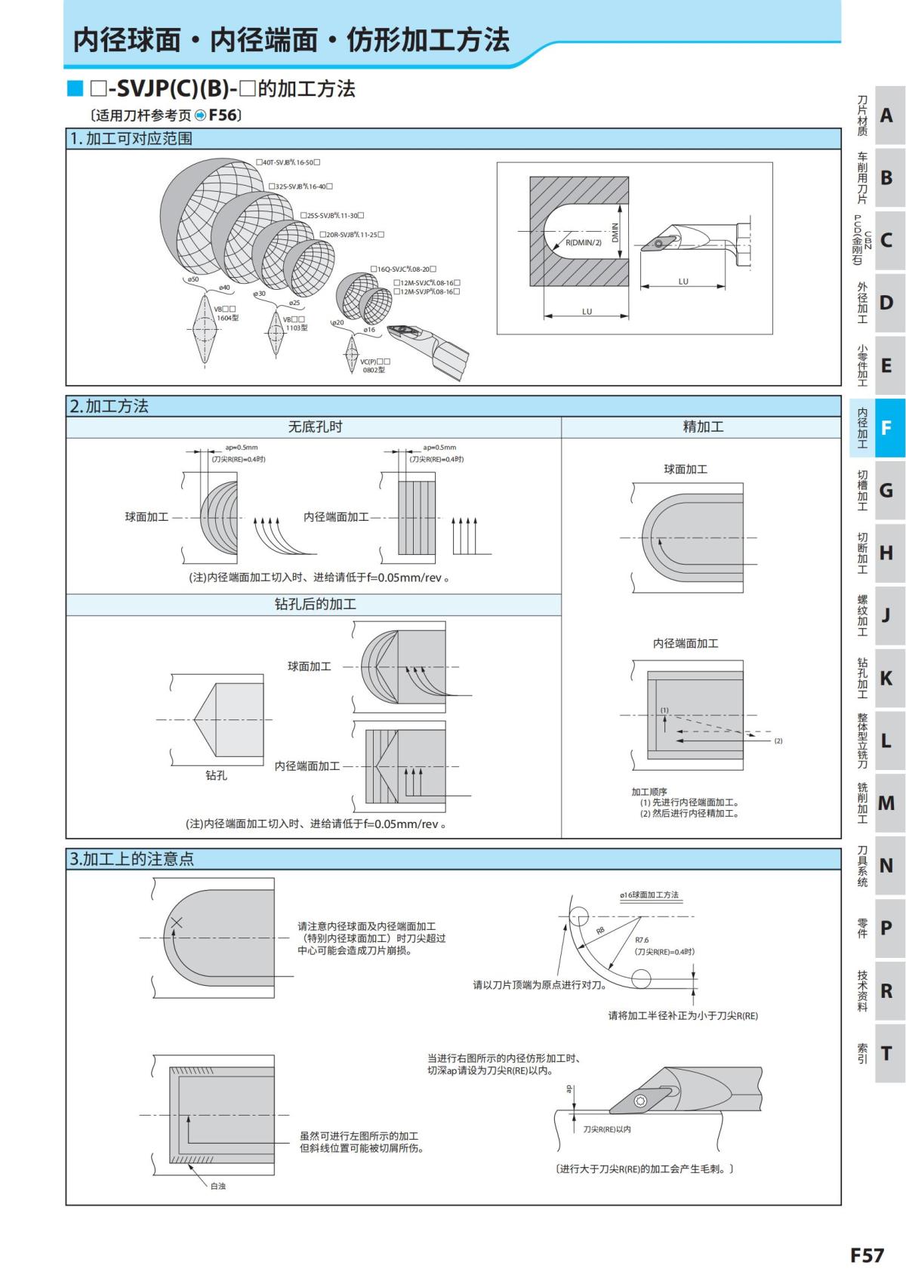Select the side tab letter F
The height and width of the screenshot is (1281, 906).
886,428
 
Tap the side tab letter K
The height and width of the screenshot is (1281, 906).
886,678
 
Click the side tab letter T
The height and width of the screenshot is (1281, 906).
886,1053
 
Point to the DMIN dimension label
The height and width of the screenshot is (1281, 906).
615,232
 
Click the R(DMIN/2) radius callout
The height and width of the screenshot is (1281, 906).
584,242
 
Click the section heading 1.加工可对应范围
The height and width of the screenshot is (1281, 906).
131,139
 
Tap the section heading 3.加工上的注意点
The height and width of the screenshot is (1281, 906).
132,859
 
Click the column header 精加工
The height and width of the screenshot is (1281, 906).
702,427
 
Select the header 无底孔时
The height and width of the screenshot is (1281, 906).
315,427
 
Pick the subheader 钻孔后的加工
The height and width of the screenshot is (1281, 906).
315,605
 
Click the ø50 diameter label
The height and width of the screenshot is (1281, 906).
193,280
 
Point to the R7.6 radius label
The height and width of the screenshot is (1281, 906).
642,940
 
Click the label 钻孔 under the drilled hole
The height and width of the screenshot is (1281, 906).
216,775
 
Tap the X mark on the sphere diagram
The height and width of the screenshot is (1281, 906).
176,922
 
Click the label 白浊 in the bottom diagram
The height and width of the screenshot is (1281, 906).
217,1186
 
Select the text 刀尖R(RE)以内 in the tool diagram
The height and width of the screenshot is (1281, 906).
606,1129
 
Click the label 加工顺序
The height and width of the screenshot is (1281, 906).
649,792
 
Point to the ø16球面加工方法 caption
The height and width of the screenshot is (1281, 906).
649,895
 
